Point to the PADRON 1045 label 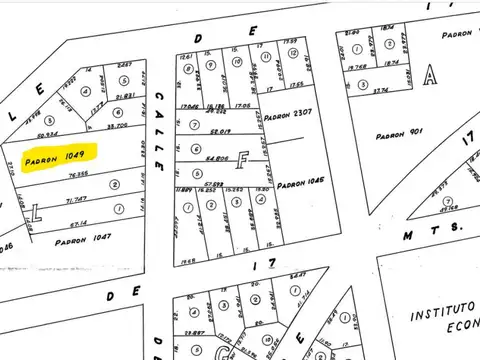(x=303, y=184)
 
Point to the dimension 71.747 (x=75, y=199)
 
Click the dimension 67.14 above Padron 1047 (x=79, y=223)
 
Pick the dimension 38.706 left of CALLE (x=118, y=126)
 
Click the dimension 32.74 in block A (x=381, y=90)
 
